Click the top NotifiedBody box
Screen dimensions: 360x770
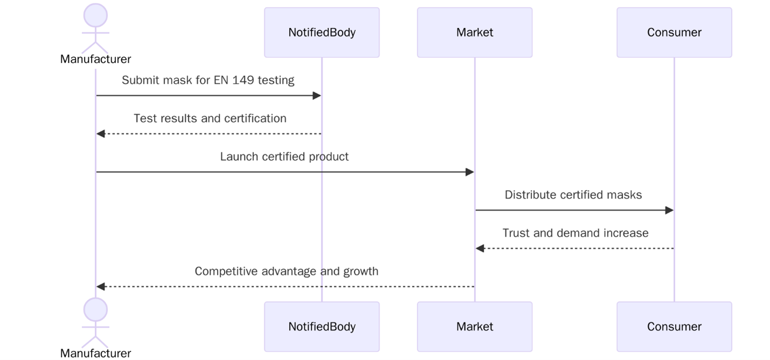(321, 32)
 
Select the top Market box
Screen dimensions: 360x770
(474, 32)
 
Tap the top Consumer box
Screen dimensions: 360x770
(674, 32)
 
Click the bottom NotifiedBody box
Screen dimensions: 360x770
(321, 327)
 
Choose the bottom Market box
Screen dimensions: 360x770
(474, 327)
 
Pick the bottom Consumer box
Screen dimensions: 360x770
(674, 327)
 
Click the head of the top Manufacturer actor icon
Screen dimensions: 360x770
(96, 15)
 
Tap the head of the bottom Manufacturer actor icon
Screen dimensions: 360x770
(96, 309)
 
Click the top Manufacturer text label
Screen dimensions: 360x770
(96, 59)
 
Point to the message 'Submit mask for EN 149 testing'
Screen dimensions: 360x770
(208, 80)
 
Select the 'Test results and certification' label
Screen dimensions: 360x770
(210, 118)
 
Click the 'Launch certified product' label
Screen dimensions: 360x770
(284, 157)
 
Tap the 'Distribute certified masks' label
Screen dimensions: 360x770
(573, 195)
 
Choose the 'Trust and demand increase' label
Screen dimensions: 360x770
(575, 233)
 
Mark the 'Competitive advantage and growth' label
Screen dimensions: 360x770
(286, 271)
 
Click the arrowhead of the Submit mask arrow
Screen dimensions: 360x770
(317, 96)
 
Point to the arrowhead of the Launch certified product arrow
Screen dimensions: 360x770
(470, 172)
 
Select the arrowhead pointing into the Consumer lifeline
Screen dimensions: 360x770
(669, 210)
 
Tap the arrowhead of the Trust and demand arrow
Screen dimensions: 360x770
(480, 249)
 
